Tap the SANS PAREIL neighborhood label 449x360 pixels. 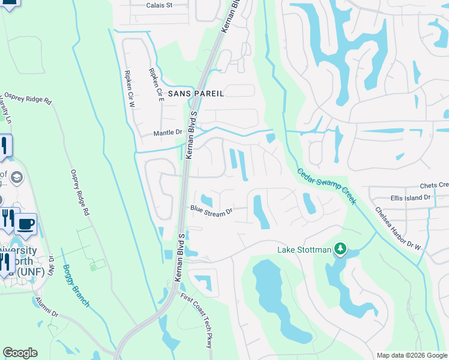coord(196,94)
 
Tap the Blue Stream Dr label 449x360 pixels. coord(211,211)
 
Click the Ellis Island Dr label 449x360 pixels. coord(411,197)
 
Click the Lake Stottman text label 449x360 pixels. coord(304,250)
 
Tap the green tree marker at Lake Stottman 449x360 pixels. coord(340,249)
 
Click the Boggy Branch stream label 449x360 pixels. coord(76,286)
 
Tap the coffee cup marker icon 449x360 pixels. coord(25,224)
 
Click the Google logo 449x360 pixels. coord(20,353)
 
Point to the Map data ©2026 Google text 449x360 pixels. coord(411,355)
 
